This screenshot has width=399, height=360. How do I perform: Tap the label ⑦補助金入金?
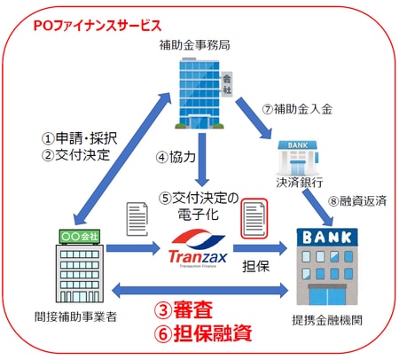pos(300,109)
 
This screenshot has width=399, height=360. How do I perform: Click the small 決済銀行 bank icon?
pos(295,160)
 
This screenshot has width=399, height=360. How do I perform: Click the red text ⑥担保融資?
pos(204,334)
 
